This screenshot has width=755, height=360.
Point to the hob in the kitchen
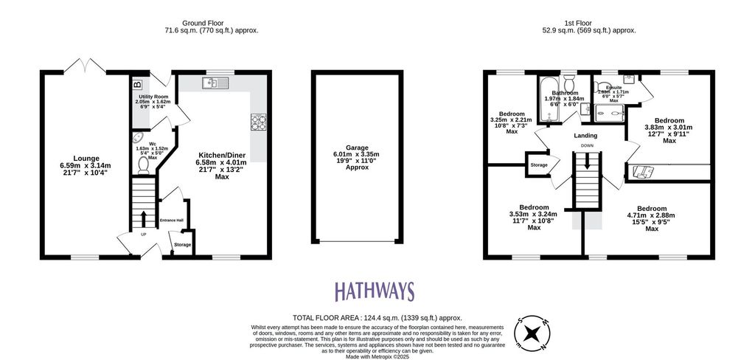pyautogui.click(x=258, y=122)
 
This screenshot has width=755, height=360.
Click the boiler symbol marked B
pyautogui.click(x=136, y=83)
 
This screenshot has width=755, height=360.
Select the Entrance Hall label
pyautogui.click(x=172, y=220)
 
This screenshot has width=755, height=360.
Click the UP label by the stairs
pyautogui.click(x=144, y=235)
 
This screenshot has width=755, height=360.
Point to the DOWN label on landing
pyautogui.click(x=587, y=146)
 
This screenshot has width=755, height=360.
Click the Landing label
pyautogui.click(x=586, y=136)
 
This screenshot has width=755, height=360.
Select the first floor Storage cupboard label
pyautogui.click(x=539, y=165)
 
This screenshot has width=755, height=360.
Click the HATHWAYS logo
pyautogui.click(x=375, y=291)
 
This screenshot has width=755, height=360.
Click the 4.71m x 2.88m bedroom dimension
pyautogui.click(x=651, y=215)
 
